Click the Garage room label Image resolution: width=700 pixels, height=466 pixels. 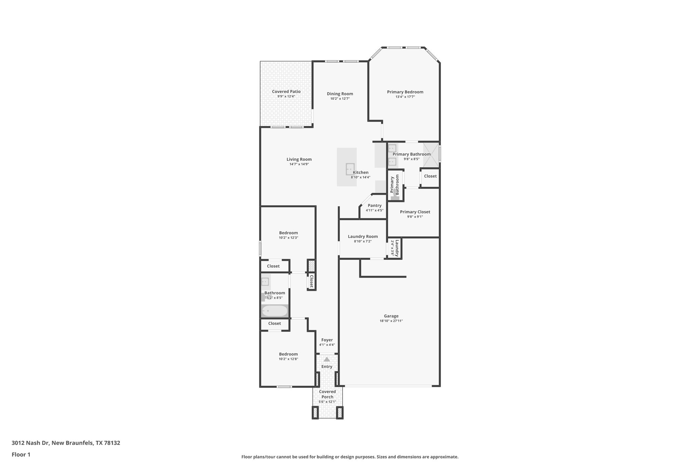pos(391,316)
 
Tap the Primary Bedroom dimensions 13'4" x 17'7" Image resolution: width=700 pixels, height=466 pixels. pos(405,97)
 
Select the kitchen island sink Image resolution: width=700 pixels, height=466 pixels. pos(350,169)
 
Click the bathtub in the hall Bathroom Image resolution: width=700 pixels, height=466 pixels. pos(274,311)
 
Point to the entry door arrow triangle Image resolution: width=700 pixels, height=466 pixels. pos(327,359)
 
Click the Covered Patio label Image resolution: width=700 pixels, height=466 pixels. pos(286,91)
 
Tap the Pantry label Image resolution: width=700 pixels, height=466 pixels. pos(375,206)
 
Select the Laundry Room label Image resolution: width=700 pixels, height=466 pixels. pos(363,236)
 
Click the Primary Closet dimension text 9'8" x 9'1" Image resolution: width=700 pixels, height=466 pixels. pos(415,216)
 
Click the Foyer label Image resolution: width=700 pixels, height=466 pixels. pos(327,340)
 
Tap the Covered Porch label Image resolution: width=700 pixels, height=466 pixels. pos(327,394)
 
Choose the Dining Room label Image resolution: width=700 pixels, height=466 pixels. pos(340,94)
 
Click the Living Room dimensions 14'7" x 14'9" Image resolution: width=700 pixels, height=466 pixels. pos(299,164)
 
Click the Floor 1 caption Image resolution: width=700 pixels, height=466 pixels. pos(21,454)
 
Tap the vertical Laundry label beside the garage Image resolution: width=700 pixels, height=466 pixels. pos(397,248)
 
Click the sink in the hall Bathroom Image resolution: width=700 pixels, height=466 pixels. pos(265,282)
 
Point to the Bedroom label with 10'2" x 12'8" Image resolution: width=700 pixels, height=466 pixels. pos(288,354)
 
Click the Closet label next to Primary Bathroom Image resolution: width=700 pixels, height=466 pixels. pos(430,176)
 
